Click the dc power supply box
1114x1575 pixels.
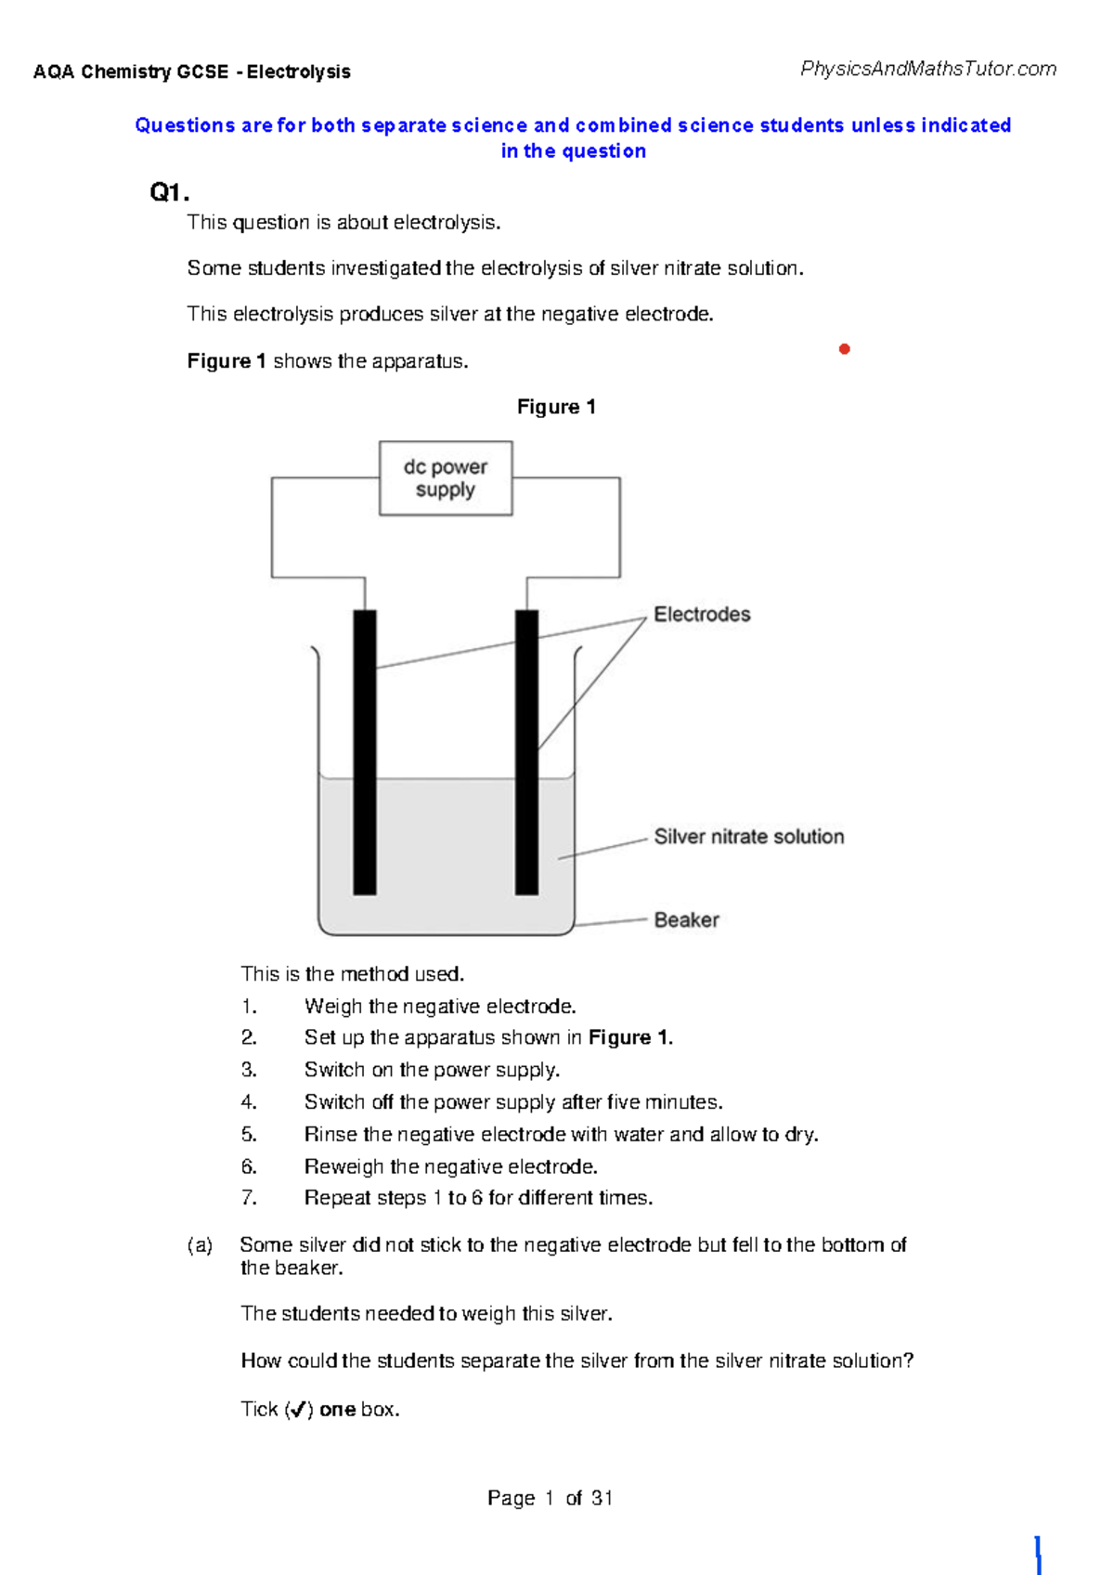(x=446, y=478)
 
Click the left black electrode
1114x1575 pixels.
(x=365, y=752)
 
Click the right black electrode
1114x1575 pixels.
(x=526, y=752)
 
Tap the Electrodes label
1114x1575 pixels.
(x=702, y=615)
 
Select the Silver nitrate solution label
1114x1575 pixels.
(x=749, y=837)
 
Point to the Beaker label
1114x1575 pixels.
(x=686, y=920)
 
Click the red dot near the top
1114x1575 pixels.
(x=845, y=349)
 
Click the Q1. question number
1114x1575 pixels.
(x=169, y=193)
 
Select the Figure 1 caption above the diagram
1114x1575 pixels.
(x=556, y=407)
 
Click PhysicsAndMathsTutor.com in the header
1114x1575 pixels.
(x=928, y=69)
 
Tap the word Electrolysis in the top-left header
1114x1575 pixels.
(x=299, y=72)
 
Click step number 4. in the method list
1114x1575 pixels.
(x=249, y=1102)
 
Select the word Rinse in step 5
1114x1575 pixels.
(x=330, y=1135)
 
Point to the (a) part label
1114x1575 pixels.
(x=200, y=1245)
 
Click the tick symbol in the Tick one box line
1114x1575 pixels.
(x=298, y=1410)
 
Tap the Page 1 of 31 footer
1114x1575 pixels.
(x=550, y=1498)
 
